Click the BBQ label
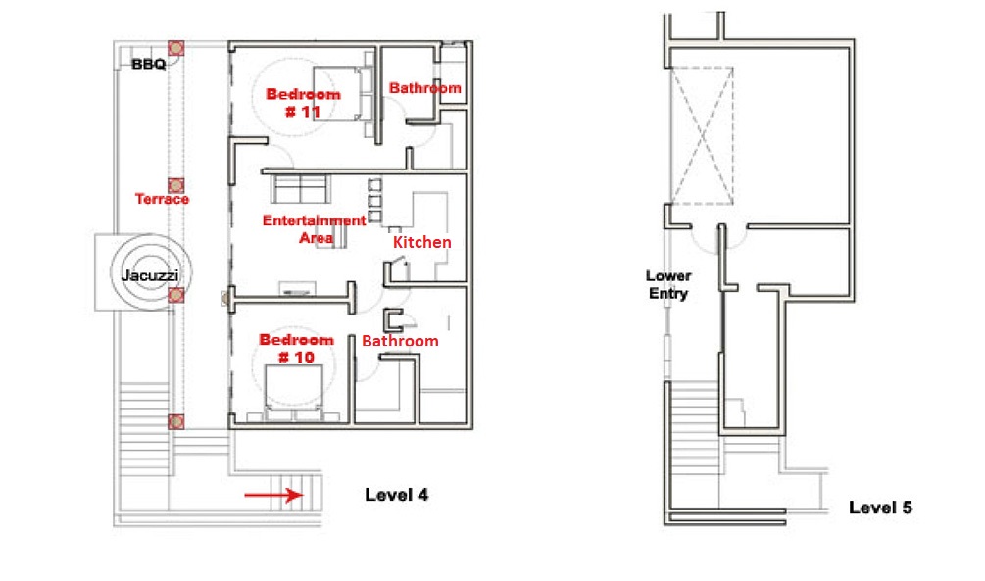(x=149, y=64)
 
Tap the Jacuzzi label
(x=150, y=275)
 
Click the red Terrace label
(x=162, y=199)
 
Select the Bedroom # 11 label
(x=304, y=103)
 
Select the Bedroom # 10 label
(x=297, y=349)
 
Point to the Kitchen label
(x=422, y=242)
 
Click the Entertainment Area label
(x=314, y=229)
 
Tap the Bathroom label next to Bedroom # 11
(x=425, y=88)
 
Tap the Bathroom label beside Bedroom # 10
(x=400, y=341)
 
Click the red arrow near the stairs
(x=273, y=495)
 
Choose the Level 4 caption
(x=397, y=495)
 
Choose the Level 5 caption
(x=881, y=508)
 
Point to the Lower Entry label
(x=668, y=284)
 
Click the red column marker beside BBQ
(x=175, y=48)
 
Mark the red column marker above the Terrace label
(x=175, y=185)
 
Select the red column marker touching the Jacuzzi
(x=175, y=295)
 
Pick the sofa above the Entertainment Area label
(x=300, y=188)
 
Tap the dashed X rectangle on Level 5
(x=702, y=135)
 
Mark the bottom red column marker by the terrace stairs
(x=175, y=421)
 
